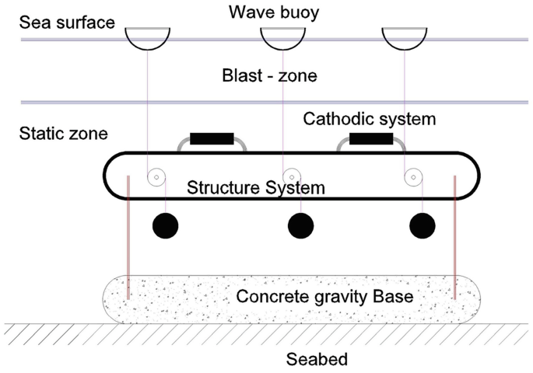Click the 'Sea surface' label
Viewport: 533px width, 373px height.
(x=66, y=22)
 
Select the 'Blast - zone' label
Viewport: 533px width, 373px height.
(x=269, y=77)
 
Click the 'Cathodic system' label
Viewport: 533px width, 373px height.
(x=370, y=119)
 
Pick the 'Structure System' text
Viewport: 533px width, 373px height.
(x=256, y=187)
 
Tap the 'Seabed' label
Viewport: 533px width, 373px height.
(x=316, y=360)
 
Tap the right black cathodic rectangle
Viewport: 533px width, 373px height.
(x=370, y=139)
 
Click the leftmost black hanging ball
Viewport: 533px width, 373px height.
(x=165, y=225)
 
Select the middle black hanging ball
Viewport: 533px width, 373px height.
(x=300, y=225)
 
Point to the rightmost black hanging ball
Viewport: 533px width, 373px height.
(x=423, y=225)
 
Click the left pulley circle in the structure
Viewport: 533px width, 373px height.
(x=156, y=177)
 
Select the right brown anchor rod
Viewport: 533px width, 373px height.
(x=454, y=233)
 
